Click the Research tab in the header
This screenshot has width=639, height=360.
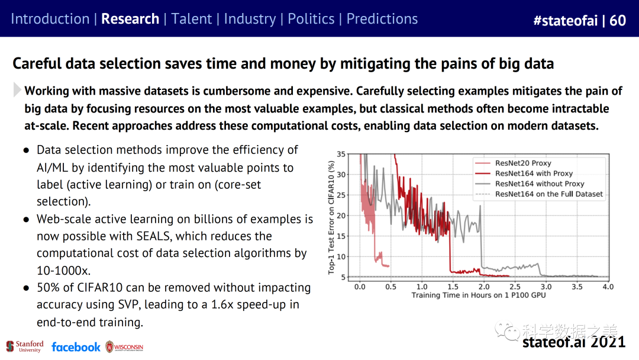(x=130, y=18)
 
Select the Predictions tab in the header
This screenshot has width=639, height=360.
(x=382, y=18)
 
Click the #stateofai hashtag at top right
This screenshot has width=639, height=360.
(x=565, y=21)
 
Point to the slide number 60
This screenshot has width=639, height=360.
(x=618, y=21)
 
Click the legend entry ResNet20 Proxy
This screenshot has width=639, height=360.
(x=522, y=163)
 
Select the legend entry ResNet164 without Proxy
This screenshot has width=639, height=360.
(x=539, y=184)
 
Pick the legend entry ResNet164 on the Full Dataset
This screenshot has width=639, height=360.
(x=548, y=194)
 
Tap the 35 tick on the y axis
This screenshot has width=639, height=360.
(x=341, y=154)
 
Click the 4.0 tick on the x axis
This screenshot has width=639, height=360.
(x=608, y=287)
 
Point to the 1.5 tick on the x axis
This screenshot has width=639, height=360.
(x=453, y=287)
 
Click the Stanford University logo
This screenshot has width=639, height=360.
(x=25, y=346)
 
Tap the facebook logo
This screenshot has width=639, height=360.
(x=76, y=347)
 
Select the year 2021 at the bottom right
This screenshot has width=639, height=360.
(x=608, y=342)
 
